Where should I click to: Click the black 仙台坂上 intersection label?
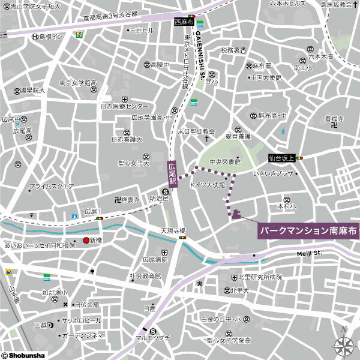(x=281, y=158)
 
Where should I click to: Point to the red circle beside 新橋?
(x=86, y=241)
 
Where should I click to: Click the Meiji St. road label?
(x=310, y=253)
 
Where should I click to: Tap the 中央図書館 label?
(x=224, y=162)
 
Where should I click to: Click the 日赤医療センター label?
(x=124, y=107)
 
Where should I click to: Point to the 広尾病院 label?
(x=154, y=260)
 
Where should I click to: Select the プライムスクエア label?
(x=52, y=187)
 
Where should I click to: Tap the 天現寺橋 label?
(x=173, y=231)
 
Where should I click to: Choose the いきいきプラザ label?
(x=273, y=173)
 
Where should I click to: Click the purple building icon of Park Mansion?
(x=236, y=214)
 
